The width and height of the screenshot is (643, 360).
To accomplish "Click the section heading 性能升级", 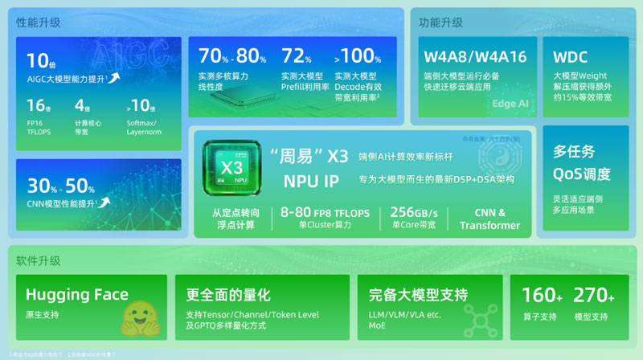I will coord(38,22).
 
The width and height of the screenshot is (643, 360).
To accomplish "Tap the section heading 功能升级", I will coord(440,22).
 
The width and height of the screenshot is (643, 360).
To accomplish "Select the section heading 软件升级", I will coord(38,261).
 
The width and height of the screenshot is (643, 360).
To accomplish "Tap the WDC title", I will coord(571,57).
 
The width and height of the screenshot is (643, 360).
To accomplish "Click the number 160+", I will coord(543,295).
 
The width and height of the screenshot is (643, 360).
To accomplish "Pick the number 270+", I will coord(595,295).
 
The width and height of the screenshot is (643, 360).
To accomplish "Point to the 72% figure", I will coord(297,56).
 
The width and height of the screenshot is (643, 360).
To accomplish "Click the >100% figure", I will coord(358,56).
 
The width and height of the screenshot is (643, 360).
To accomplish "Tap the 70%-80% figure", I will coord(232,56).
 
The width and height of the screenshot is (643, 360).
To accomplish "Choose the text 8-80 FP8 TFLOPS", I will coord(325,212).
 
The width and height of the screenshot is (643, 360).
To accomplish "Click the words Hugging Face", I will coord(77,295).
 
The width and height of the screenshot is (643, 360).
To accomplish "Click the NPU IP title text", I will coord(311,181).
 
